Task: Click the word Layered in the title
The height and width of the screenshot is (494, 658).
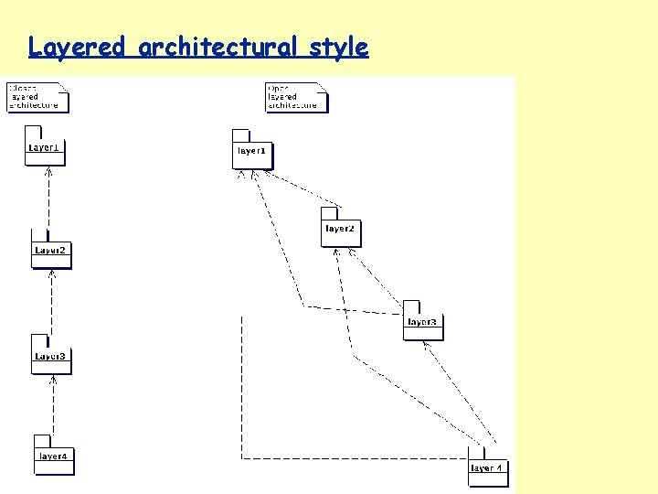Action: point(76,47)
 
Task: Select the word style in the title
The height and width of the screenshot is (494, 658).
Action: point(338,47)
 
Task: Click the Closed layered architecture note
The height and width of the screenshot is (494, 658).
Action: point(37,97)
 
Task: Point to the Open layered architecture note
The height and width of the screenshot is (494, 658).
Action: point(295,97)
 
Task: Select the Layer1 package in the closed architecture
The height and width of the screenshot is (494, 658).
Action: point(45,147)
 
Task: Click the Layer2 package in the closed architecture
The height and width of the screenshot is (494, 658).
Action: point(50,251)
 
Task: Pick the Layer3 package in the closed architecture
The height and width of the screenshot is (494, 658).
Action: point(50,357)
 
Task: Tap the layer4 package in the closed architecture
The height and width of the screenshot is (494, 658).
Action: point(53,456)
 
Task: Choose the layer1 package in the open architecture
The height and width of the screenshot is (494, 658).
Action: point(251,151)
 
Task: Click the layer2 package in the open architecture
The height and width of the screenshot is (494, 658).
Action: point(340,229)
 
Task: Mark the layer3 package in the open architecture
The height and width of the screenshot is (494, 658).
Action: point(422,322)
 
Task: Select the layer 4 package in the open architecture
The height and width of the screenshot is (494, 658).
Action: point(486,468)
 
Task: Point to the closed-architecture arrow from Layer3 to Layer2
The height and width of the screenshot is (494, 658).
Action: point(52,302)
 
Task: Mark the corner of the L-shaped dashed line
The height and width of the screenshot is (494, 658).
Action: point(241,456)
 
